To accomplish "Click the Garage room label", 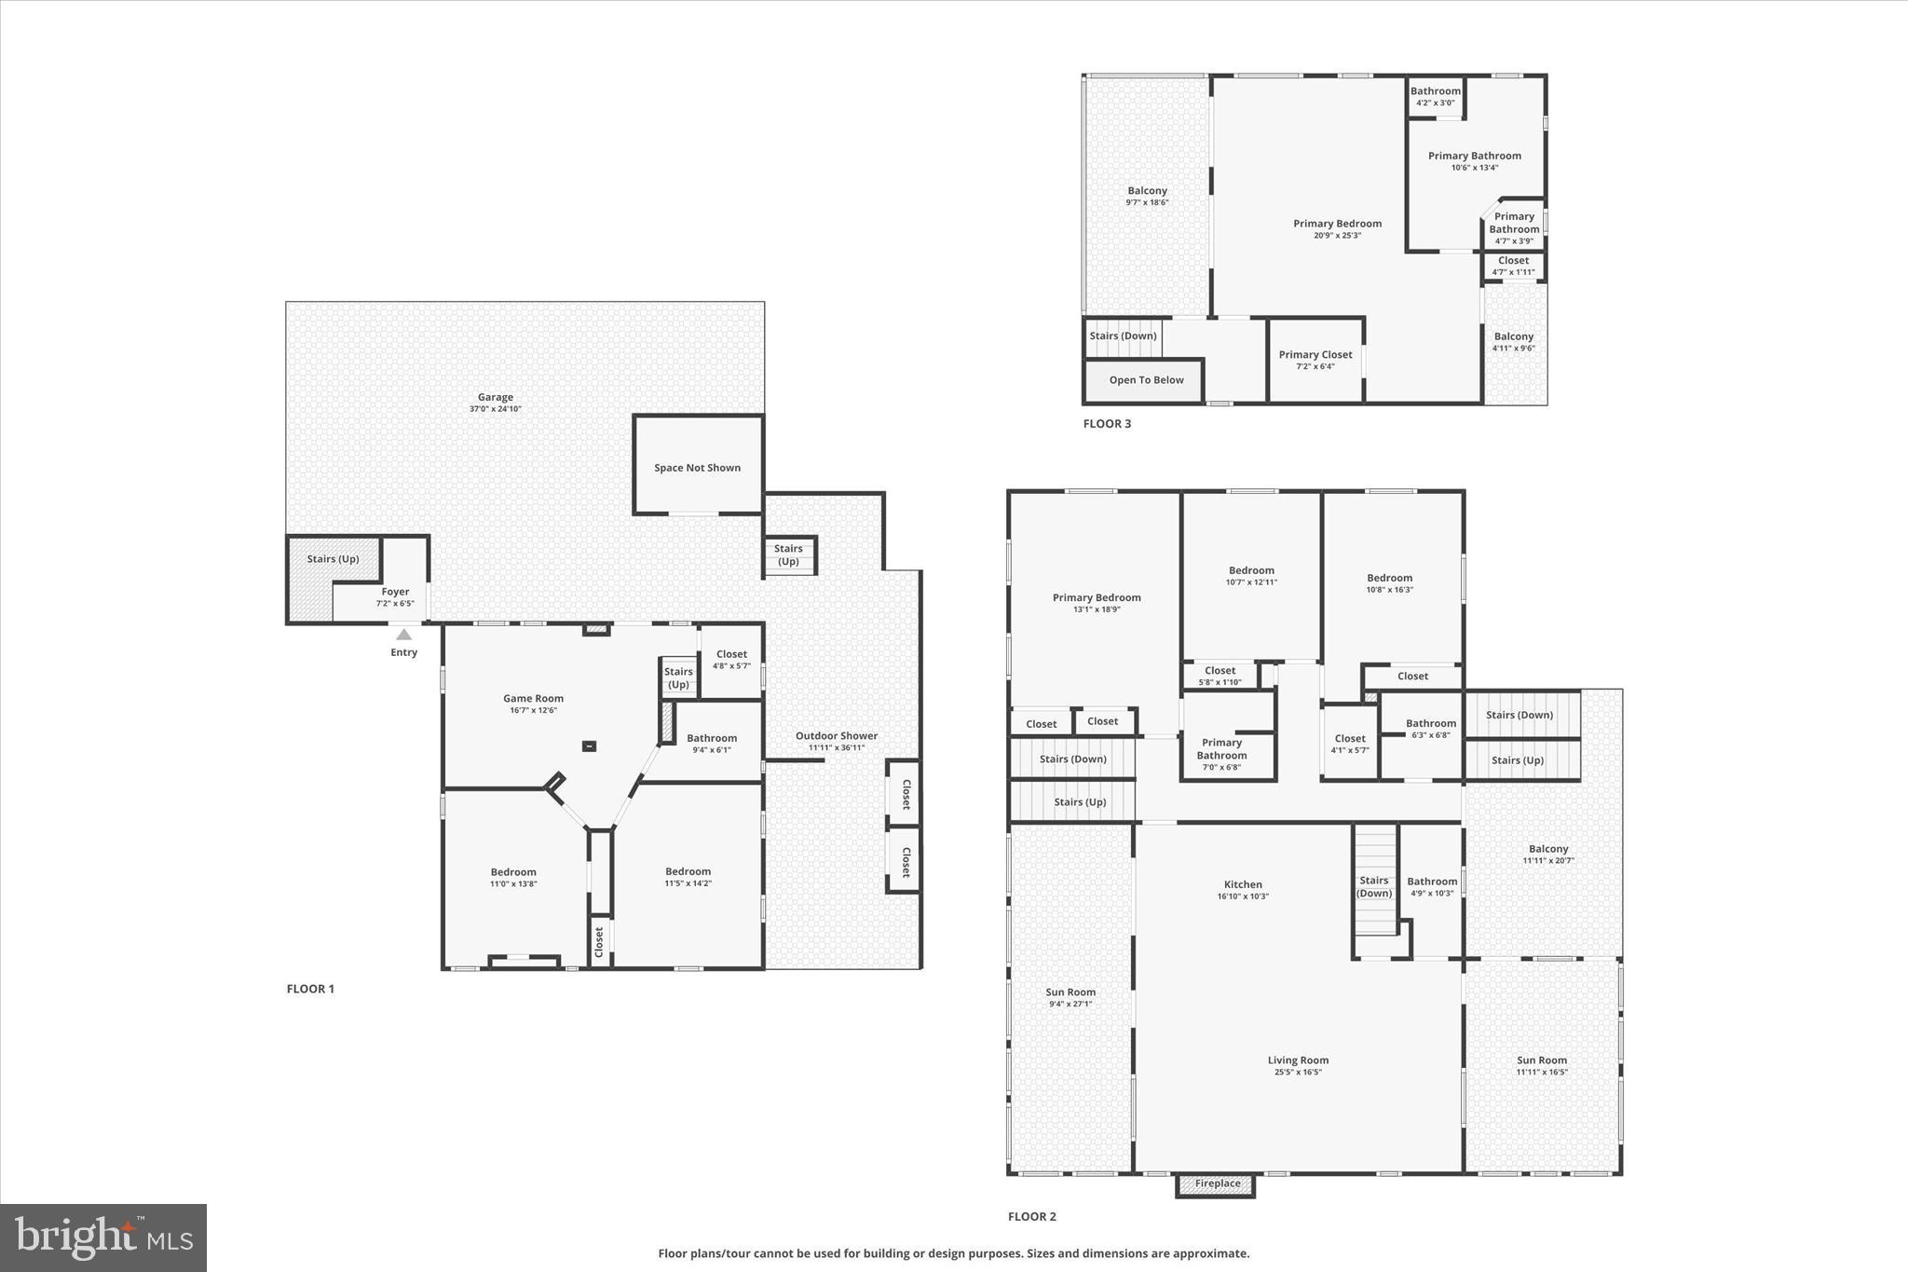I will [x=495, y=398].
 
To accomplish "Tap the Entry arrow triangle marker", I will [x=403, y=635].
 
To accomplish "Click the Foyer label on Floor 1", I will [x=395, y=592].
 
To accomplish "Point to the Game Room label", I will [x=533, y=699].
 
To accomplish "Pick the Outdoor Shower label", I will [x=836, y=736].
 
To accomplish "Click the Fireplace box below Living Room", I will [x=1217, y=1184].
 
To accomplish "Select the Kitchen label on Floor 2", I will [x=1243, y=885].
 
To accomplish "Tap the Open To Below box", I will [x=1145, y=380].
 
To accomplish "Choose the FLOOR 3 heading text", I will [x=1107, y=424].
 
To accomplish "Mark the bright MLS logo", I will [x=103, y=1238].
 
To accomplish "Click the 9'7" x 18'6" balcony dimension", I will [x=1147, y=202].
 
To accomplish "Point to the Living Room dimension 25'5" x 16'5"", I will [x=1298, y=1073].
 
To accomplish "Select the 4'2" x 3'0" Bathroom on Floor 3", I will [x=1435, y=96].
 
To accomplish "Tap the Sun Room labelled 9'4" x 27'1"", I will [x=1070, y=997].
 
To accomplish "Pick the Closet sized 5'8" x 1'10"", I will [x=1220, y=676].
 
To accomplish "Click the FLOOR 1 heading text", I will [x=310, y=990].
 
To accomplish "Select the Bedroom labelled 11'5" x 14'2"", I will [x=688, y=877].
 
